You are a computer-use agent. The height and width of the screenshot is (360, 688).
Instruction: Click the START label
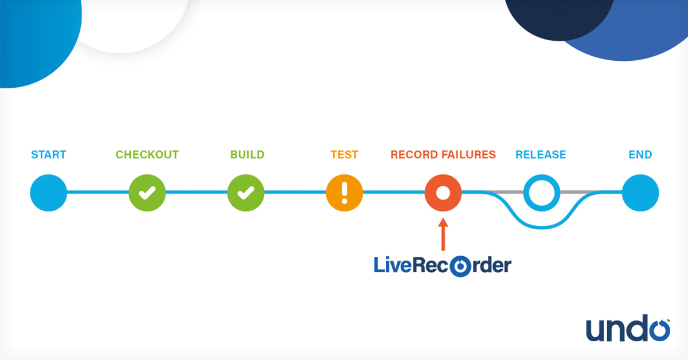(x=49, y=155)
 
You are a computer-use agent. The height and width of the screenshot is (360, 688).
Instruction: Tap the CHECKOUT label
(x=147, y=155)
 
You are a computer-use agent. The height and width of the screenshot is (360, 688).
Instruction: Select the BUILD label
(x=247, y=155)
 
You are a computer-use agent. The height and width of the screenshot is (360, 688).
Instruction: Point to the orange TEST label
(x=344, y=155)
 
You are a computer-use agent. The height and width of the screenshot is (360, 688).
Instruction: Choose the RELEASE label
(x=541, y=155)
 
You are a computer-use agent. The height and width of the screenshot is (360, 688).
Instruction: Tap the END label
(x=640, y=155)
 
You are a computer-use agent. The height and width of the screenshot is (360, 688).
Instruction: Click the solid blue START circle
(x=49, y=193)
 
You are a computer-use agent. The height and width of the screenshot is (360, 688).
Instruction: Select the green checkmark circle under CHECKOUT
(x=147, y=193)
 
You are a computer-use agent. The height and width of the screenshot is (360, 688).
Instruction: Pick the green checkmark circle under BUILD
(x=246, y=193)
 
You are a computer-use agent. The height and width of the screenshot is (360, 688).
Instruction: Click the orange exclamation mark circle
(x=345, y=193)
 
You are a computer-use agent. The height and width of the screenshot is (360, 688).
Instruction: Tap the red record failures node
(x=443, y=193)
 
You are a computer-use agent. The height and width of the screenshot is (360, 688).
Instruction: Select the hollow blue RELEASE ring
(x=542, y=193)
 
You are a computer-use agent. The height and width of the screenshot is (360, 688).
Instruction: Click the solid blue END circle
(x=640, y=193)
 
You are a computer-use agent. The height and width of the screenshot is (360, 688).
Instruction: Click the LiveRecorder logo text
(x=442, y=266)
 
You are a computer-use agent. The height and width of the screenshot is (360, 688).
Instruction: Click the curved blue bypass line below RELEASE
(x=542, y=225)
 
